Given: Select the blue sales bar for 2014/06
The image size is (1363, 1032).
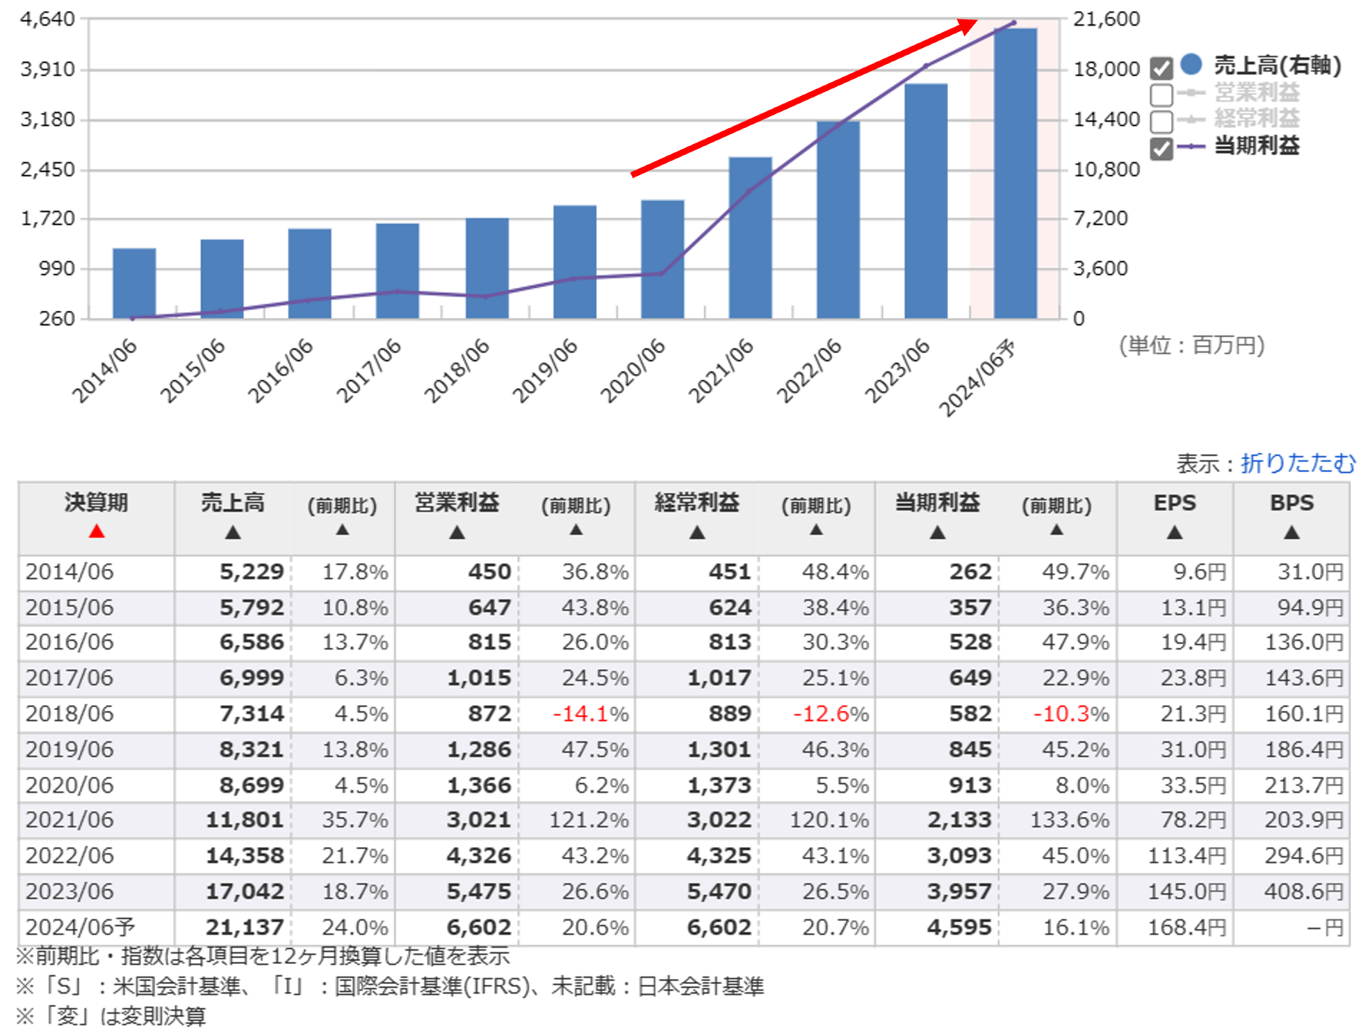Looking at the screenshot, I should [134, 283].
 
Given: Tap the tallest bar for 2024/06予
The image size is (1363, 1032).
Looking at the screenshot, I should [1015, 173].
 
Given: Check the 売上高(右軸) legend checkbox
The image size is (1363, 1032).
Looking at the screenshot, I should [1161, 68].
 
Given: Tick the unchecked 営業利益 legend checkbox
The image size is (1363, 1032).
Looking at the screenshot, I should [1161, 95].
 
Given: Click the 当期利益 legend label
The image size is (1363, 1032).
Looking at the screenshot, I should [1256, 146].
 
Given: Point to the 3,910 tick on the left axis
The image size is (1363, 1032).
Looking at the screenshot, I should [47, 70].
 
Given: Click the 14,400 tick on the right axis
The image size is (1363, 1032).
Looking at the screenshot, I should [1107, 120].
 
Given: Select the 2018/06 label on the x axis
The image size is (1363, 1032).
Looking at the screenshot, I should [457, 371].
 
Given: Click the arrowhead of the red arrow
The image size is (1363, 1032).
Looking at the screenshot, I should [967, 26].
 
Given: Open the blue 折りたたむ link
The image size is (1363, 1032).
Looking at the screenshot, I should [1298, 463].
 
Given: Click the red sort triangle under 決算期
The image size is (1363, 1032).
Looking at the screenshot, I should [97, 532].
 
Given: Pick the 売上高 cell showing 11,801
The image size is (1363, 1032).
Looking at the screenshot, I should [245, 820].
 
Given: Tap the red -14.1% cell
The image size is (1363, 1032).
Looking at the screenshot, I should [590, 714].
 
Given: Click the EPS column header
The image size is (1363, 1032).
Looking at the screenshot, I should [1175, 503].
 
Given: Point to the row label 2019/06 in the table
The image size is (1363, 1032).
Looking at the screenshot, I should [70, 750].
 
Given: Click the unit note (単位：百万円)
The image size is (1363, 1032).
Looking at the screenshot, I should [1191, 346].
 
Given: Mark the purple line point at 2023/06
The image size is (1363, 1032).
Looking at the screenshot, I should [926, 66].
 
